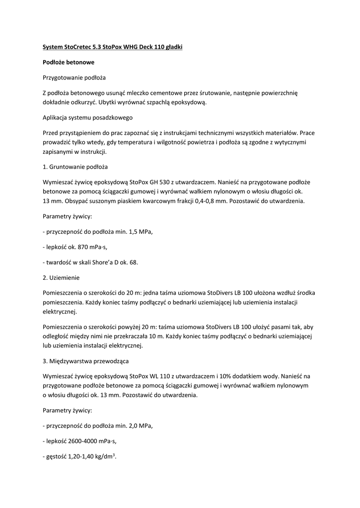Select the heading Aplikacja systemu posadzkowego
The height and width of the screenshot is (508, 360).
click(87, 118)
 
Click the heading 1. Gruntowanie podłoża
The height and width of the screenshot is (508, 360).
click(75, 167)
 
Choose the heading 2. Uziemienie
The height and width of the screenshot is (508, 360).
click(62, 277)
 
